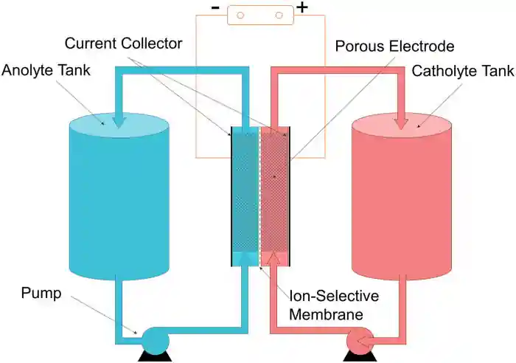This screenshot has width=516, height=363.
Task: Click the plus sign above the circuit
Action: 302,9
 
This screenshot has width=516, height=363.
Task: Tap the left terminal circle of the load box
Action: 240,15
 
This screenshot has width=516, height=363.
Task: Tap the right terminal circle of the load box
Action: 279,15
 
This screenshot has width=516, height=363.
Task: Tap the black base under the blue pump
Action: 155,357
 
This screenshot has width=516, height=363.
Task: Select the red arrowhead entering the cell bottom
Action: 275,258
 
